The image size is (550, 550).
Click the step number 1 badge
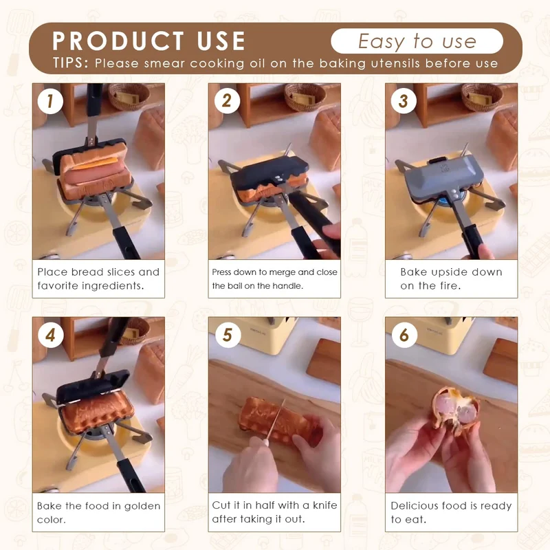(49, 102)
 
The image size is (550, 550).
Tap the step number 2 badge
(226, 102)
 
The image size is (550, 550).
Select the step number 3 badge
(403, 102)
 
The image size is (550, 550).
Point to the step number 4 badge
(49, 335)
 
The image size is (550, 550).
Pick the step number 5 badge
(226, 335)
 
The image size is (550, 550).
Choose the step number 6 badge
(403, 335)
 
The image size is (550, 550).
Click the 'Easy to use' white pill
(417, 41)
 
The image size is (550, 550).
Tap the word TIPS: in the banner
(71, 63)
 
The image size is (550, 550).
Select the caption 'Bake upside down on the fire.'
(451, 278)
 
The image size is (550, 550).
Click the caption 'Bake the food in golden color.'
(98, 512)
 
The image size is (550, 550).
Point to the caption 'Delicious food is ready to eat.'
(451, 512)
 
